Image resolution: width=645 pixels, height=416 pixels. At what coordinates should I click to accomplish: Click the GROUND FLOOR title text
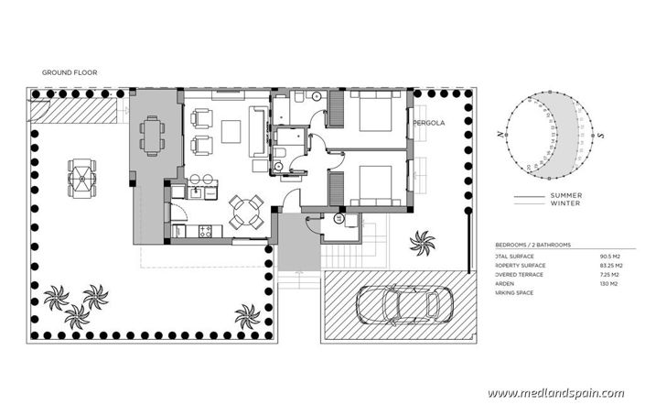(x=70, y=71)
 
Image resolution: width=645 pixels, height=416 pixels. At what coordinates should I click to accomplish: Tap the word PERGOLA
(x=429, y=121)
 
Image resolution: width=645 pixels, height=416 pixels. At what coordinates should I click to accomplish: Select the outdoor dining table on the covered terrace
(x=152, y=136)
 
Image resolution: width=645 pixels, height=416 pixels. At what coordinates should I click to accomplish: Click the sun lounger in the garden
(x=81, y=174)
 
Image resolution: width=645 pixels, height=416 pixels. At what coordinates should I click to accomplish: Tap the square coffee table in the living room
(x=231, y=128)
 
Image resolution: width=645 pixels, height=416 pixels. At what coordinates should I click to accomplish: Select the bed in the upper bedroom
(x=371, y=115)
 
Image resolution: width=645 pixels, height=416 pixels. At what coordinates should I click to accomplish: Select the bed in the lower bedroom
(x=371, y=182)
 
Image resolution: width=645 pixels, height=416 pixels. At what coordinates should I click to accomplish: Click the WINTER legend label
(x=565, y=203)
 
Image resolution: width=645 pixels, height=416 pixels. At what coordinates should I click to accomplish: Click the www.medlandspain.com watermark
(x=555, y=393)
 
